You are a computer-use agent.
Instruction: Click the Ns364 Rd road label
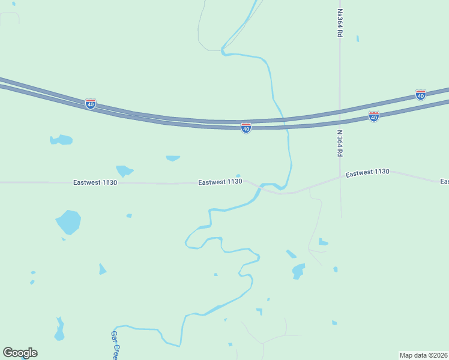point(340,23)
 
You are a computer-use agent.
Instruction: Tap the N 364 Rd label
point(340,144)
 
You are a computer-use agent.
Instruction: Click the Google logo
point(20,353)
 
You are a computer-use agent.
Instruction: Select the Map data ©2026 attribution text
point(423,355)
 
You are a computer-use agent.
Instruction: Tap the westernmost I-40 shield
point(90,104)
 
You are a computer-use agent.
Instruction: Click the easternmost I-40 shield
point(420,95)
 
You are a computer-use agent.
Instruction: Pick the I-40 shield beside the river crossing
point(246,128)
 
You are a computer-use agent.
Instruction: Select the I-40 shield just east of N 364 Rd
point(373,116)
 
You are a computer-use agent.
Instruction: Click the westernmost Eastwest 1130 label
point(95,182)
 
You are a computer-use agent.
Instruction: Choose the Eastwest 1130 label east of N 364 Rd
point(367,172)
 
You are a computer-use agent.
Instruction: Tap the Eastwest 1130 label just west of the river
point(220,181)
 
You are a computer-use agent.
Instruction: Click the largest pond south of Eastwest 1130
point(68,222)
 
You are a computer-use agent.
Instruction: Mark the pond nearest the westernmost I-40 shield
point(61,140)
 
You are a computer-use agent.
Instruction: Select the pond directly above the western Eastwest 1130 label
point(124,170)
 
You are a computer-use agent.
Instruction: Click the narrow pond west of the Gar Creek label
point(59,331)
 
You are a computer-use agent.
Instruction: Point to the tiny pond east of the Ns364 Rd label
point(358,39)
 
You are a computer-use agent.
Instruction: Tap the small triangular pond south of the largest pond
point(102,269)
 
